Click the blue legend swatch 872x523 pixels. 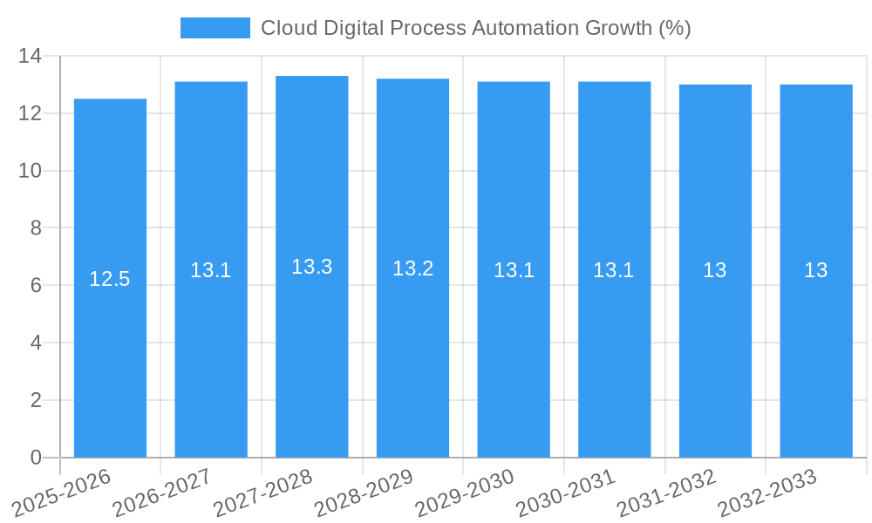click(x=215, y=28)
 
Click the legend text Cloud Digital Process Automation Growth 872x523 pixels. click(x=475, y=28)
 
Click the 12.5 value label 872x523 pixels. click(x=110, y=279)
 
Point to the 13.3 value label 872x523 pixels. click(x=312, y=267)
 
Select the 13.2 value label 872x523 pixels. click(x=412, y=268)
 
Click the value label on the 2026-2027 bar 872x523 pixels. click(x=211, y=270)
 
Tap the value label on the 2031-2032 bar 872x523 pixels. click(x=715, y=270)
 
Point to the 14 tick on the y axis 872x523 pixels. click(x=31, y=57)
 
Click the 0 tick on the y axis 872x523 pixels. click(x=36, y=458)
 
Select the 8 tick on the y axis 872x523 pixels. click(x=36, y=228)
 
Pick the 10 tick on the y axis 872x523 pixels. click(x=31, y=171)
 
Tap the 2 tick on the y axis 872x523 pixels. click(x=36, y=400)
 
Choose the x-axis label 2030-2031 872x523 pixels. click(x=566, y=493)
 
